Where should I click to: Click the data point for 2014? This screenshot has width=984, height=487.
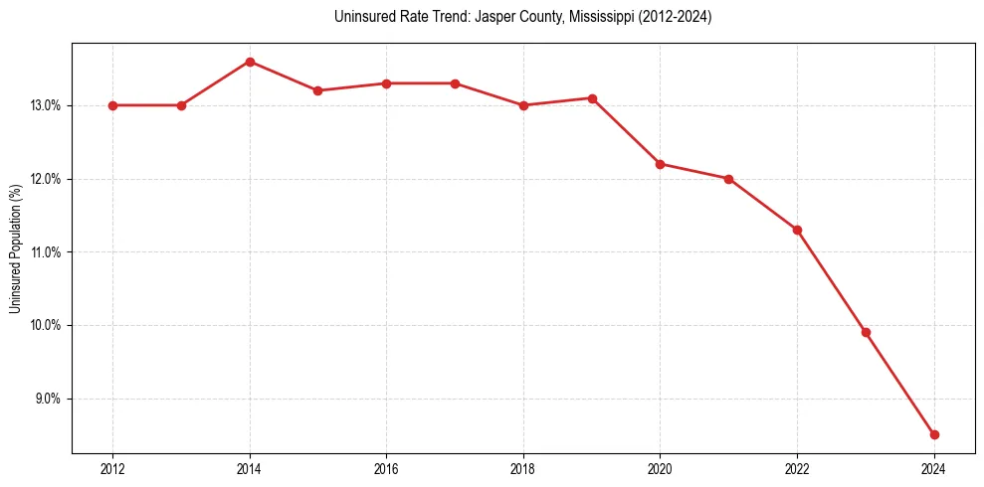(250, 62)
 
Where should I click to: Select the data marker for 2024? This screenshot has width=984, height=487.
(934, 434)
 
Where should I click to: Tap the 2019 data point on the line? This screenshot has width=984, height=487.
(592, 98)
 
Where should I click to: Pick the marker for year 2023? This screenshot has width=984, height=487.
(866, 332)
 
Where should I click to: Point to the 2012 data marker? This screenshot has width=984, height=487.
(112, 105)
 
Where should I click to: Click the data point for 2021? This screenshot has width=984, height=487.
(728, 179)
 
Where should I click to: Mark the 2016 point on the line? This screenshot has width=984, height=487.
(386, 83)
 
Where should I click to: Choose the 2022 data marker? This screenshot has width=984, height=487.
(797, 230)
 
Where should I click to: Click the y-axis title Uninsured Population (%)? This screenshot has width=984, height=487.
(15, 248)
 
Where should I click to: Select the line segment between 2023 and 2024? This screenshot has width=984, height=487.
(900, 384)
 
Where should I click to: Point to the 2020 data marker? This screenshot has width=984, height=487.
(660, 164)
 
